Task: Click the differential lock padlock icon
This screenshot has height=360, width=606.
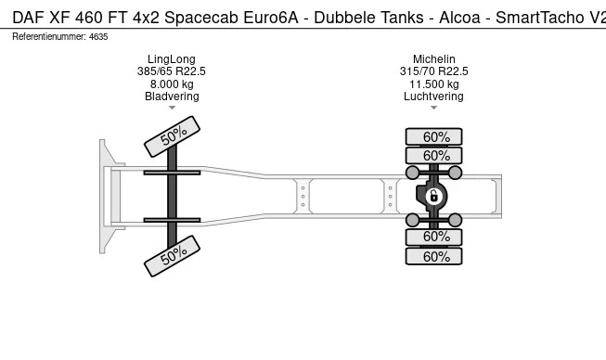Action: tap(433, 197)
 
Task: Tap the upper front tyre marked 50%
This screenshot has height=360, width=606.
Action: tap(172, 136)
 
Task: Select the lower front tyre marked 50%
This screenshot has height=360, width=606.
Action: tap(172, 256)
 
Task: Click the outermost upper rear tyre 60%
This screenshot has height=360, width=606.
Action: tap(433, 136)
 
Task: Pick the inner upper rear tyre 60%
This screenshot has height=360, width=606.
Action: tap(433, 156)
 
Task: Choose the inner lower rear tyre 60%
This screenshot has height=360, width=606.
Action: tap(433, 237)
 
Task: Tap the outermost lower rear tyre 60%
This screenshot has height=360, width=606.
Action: tap(433, 256)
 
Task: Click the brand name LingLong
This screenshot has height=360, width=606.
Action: tap(172, 59)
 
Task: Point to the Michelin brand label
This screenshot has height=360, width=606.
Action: tap(433, 59)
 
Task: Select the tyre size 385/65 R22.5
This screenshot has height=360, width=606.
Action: tap(172, 71)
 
